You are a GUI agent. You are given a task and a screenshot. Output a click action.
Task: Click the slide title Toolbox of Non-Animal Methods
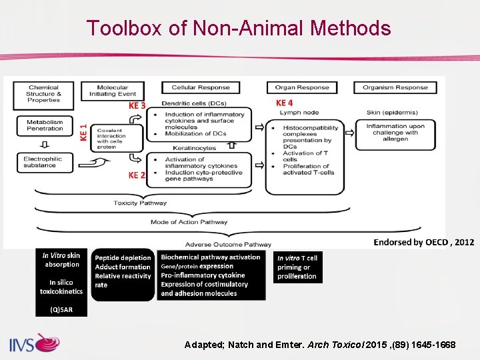238,28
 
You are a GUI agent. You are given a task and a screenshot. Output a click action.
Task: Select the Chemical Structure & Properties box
43,93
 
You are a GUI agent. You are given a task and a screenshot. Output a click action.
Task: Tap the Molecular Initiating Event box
112,90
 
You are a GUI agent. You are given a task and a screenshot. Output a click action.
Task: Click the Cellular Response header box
200,87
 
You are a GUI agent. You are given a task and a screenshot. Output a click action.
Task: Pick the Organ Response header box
302,87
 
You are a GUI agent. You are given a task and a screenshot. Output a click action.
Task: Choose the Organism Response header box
395,87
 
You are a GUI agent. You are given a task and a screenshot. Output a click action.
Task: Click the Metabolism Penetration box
44,125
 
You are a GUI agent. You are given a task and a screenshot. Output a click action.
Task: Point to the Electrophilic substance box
43,162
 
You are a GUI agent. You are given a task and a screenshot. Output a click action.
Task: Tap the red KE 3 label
137,105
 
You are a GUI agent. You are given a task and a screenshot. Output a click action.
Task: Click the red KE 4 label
285,103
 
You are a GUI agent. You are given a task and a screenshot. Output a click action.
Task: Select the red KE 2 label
137,175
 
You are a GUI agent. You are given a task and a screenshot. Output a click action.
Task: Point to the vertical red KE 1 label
83,131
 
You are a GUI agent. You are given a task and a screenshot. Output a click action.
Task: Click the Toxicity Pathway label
140,203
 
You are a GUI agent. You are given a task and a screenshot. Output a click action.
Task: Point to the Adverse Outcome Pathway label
228,244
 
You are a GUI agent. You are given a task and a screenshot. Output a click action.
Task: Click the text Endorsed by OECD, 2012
423,242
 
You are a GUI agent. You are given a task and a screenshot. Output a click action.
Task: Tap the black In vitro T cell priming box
297,267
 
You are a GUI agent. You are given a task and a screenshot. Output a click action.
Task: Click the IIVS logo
33,344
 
